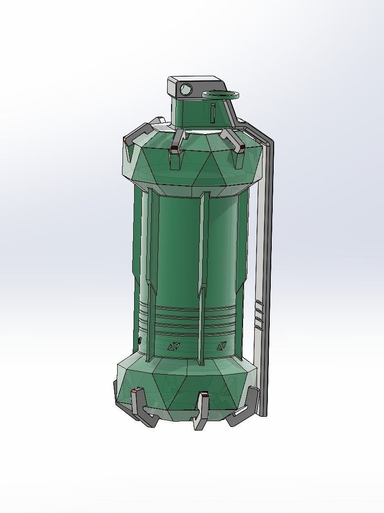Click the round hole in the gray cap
(186, 89)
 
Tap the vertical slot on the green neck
(213, 111)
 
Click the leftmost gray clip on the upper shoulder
(144, 129)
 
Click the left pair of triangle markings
(173, 346)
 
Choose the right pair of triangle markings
(222, 346)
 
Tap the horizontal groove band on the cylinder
(190, 318)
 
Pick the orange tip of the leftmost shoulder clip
(126, 140)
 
